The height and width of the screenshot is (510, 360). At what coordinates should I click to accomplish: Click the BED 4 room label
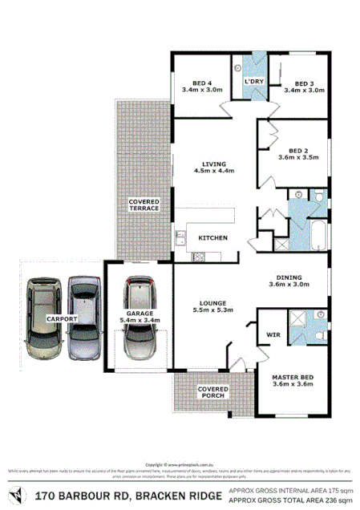201,83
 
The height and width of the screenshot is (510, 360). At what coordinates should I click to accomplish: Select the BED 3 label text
302,83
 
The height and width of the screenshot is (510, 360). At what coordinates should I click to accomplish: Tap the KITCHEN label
213,237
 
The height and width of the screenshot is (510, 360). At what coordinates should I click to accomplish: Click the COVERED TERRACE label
143,204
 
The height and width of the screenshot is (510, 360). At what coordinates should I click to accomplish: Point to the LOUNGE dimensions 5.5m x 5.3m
214,311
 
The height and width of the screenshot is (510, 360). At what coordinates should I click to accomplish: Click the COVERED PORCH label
212,393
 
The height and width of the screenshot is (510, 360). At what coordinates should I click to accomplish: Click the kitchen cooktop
199,257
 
